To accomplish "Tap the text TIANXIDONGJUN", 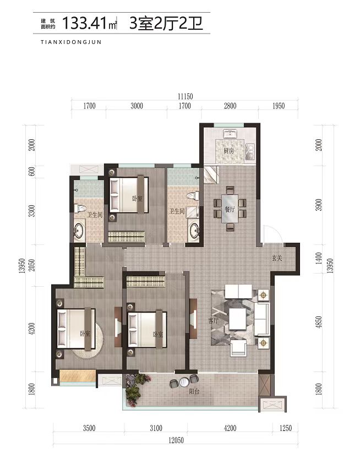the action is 71,42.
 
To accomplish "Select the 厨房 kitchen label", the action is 228,151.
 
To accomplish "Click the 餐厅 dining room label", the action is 230,209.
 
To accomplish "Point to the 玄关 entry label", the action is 276,258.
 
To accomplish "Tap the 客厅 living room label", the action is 214,320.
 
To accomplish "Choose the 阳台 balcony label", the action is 194,391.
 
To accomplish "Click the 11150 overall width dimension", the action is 185,96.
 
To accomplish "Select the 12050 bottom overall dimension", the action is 176,440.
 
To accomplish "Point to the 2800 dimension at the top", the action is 230,106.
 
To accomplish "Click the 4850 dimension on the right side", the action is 319,322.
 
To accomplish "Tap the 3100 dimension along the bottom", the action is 156,428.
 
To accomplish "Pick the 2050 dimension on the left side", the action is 32,265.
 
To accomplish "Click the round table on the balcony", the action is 184,382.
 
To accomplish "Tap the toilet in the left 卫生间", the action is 79,209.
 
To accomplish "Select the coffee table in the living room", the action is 237,319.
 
